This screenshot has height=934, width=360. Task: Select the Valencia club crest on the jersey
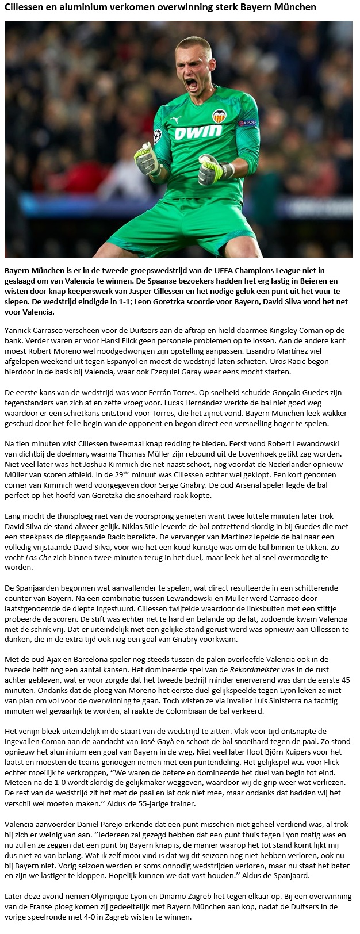click(219, 116)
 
